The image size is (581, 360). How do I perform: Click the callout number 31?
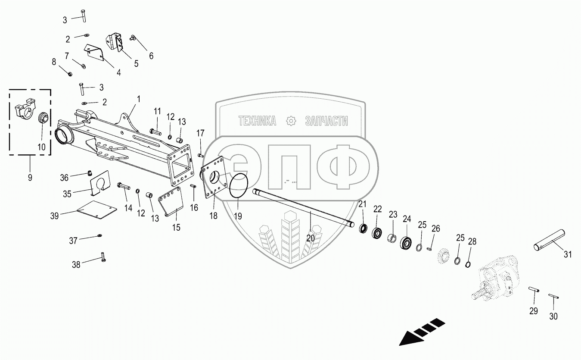568,254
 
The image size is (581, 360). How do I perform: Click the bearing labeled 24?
406,243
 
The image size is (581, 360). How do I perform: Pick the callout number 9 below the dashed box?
30,177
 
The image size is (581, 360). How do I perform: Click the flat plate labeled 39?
96,210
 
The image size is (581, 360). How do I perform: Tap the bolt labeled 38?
103,257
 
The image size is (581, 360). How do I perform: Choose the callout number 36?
64,178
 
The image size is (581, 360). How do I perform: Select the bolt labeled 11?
155,131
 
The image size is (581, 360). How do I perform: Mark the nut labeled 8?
70,74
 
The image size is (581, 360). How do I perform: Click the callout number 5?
136,63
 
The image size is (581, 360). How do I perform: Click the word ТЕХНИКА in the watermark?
257,121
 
